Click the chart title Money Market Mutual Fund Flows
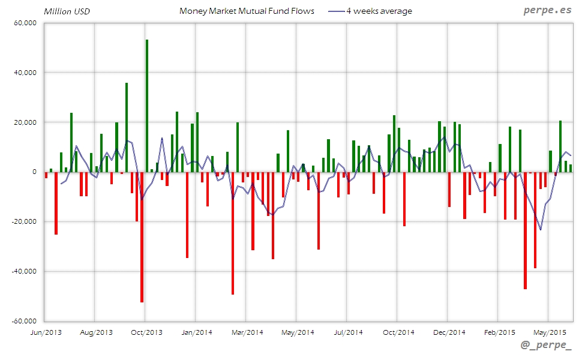[x=247, y=11]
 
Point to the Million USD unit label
[x=67, y=11]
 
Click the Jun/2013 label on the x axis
[x=45, y=332]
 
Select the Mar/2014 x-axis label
[x=247, y=332]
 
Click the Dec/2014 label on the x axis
[x=448, y=332]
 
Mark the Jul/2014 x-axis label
[x=347, y=332]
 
